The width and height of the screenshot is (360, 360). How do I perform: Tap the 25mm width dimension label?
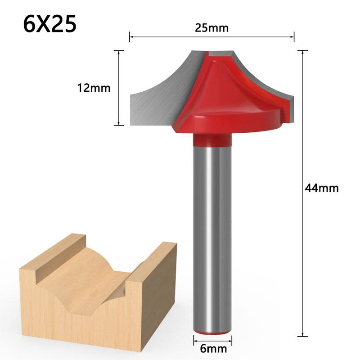(211, 28)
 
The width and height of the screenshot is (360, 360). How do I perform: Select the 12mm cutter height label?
(93, 88)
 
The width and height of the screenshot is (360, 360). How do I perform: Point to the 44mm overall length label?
(321, 188)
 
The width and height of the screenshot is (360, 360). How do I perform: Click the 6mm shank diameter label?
(213, 347)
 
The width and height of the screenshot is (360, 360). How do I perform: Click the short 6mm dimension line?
(213, 337)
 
